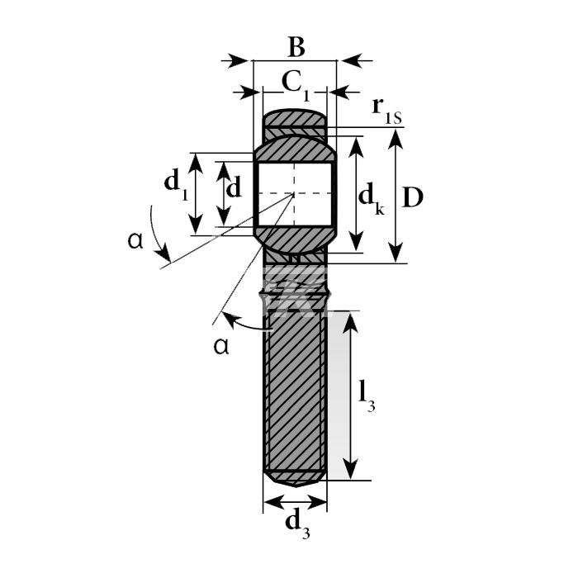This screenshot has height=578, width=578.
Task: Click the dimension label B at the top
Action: click(296, 47)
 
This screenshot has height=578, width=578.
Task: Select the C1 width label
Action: click(296, 86)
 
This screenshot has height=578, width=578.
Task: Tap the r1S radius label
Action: click(386, 111)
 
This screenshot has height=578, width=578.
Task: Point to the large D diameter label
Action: click(413, 197)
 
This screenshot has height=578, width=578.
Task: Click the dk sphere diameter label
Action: click(372, 198)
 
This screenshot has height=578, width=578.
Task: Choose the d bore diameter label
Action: click(234, 187)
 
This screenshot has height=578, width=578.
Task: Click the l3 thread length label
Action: click(367, 396)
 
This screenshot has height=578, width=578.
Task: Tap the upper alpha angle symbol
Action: click(135, 241)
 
